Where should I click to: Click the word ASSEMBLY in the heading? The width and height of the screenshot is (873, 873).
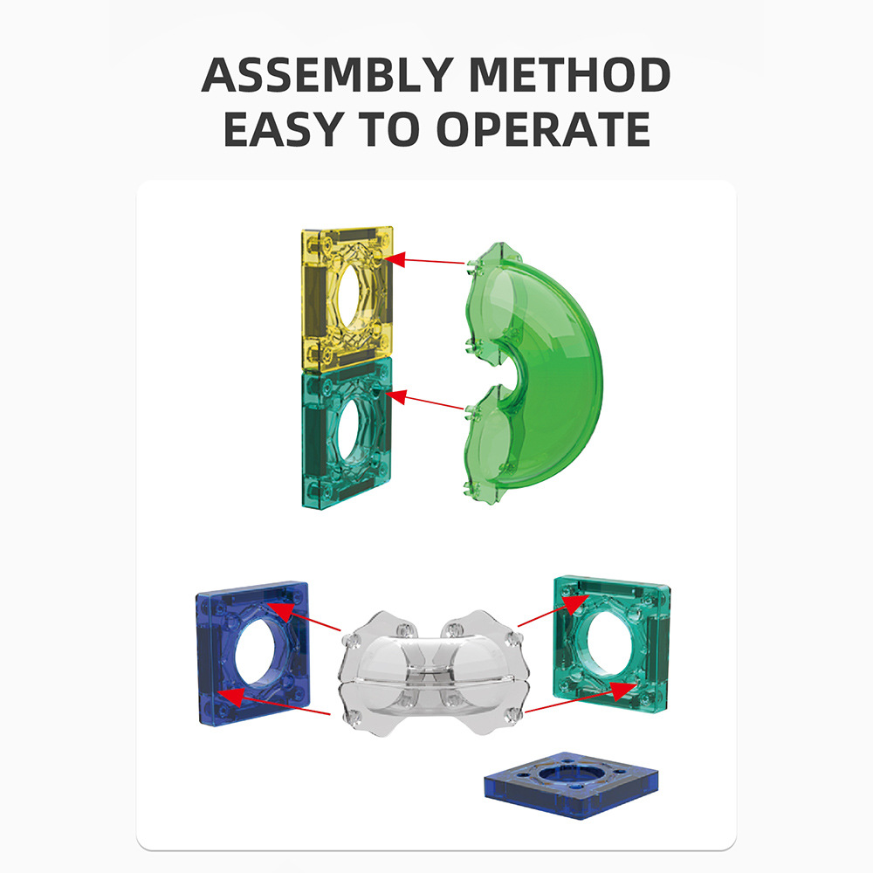(x=327, y=74)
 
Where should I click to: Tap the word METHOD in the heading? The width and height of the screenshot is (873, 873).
(x=569, y=74)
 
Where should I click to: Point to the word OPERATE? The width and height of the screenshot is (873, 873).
(x=543, y=128)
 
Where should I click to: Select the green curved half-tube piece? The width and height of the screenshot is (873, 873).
(x=531, y=373)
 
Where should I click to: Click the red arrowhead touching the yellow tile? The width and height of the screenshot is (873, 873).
(x=395, y=259)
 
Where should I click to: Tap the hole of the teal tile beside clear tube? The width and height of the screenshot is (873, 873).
(x=608, y=643)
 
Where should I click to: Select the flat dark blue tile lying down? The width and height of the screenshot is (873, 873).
(x=571, y=785)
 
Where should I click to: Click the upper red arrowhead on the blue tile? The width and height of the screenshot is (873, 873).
(x=279, y=611)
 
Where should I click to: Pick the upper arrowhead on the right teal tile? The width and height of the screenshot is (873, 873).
(x=574, y=603)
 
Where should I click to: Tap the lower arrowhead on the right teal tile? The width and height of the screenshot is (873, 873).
(x=623, y=691)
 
